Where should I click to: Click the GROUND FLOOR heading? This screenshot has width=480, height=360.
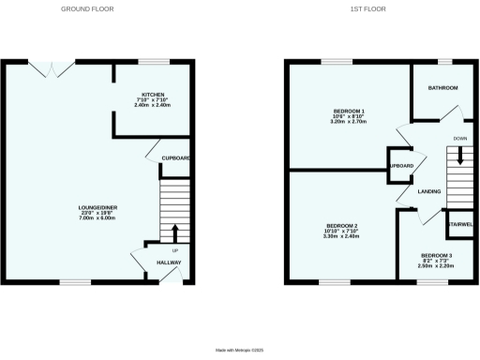coord(89,8)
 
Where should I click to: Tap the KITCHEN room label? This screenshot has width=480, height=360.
coord(154,95)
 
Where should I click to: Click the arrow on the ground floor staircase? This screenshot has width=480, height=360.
coord(175,232)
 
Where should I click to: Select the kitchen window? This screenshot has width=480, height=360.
coord(154,63)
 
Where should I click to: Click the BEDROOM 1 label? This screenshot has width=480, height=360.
coord(349,112)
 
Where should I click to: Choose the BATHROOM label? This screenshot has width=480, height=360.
coord(443,88)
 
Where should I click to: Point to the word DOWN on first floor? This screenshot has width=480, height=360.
coord(459,139)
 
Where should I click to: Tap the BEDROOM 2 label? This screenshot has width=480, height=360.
coord(342,226)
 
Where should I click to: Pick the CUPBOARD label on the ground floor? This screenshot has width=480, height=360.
coord(176,158)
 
